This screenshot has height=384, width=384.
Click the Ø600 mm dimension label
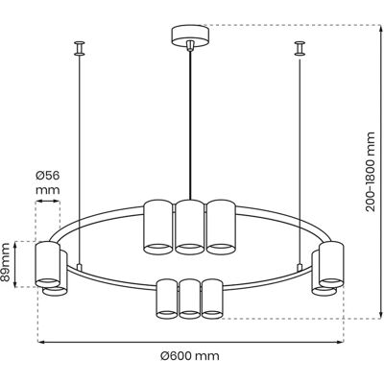190,356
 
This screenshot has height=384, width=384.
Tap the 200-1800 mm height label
371,172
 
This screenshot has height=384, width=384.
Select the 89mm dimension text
5,263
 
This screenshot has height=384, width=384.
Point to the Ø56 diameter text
48,176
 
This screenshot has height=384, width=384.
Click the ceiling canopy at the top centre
190,36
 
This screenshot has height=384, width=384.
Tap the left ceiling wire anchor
79,48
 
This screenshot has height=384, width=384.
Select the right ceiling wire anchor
300,48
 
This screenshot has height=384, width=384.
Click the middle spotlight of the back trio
190,228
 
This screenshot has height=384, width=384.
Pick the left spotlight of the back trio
158,228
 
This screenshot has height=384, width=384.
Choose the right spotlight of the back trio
222,228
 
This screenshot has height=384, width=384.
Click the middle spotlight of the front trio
190,299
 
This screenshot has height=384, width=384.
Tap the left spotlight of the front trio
167,299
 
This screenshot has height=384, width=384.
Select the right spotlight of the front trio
212,299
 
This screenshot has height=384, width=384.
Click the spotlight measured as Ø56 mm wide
48,265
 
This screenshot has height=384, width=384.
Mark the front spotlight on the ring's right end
331,265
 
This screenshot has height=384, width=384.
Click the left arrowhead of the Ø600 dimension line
41,342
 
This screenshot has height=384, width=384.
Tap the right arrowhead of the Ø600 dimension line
340,342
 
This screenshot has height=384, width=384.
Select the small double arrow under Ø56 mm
48,202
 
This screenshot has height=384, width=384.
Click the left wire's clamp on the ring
79,267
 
